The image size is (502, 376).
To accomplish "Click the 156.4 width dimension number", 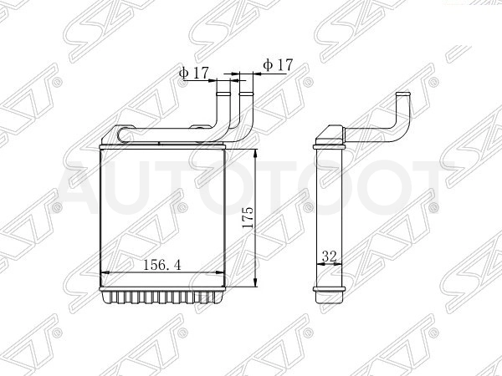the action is click(162, 264).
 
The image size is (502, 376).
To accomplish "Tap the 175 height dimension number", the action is click(248, 217).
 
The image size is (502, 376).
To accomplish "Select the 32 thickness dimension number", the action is click(330, 257).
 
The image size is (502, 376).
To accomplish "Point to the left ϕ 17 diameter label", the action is click(194, 74).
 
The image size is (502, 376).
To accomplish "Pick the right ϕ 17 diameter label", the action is click(278, 65).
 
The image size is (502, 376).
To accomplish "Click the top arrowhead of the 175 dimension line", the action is click(255, 154).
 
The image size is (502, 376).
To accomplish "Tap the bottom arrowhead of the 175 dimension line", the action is click(255, 282).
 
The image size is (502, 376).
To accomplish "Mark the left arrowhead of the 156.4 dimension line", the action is click(105, 272).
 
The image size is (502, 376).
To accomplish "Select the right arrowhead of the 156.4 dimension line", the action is click(220, 272).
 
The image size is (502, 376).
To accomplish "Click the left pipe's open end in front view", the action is click(223, 94).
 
